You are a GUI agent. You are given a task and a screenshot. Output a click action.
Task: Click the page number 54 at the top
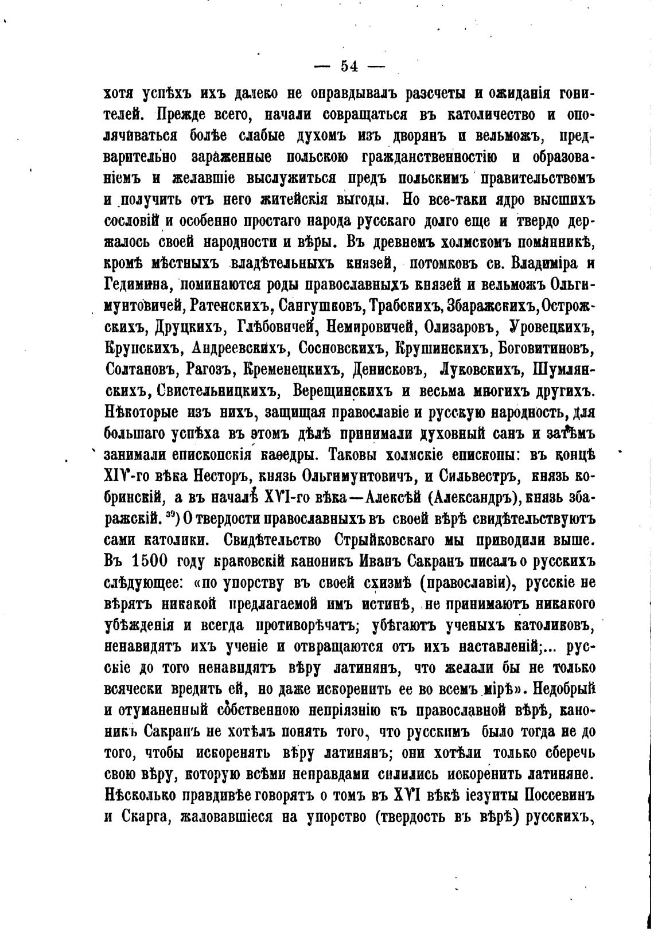[x=349, y=67]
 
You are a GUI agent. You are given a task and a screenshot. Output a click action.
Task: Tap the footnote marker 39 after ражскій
[x=174, y=516]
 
